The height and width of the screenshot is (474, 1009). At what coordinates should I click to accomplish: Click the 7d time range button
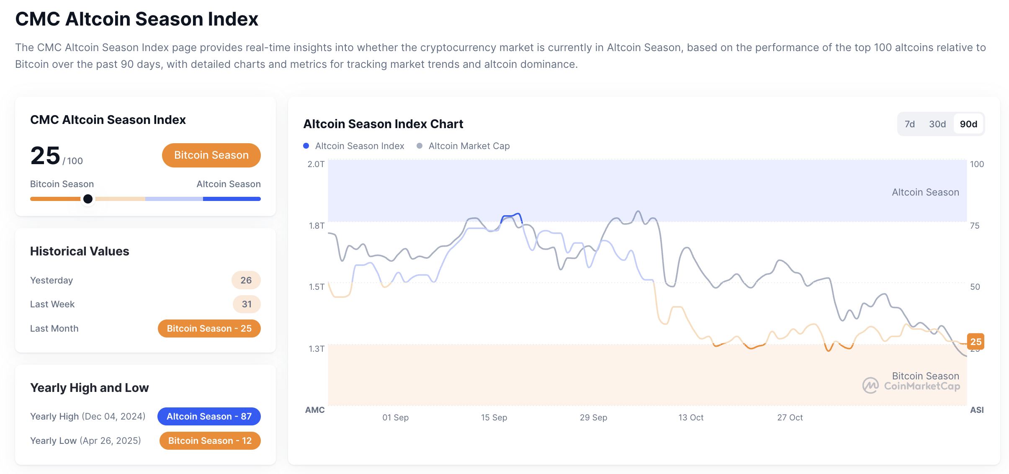click(909, 124)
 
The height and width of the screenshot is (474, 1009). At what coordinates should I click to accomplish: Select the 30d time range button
click(937, 124)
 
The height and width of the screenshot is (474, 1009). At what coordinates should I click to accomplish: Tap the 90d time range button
click(968, 124)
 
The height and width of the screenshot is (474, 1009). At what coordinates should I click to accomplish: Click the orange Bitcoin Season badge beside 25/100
click(211, 155)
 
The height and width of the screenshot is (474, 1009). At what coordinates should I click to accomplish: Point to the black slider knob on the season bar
click(88, 199)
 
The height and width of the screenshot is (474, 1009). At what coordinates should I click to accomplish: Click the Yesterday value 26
click(246, 280)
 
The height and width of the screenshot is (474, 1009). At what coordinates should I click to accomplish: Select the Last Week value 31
click(247, 304)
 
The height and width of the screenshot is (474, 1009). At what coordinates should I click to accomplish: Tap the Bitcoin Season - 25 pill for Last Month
click(209, 328)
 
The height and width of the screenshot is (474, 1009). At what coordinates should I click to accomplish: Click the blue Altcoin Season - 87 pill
click(209, 416)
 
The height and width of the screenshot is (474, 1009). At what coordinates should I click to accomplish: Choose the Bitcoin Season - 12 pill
click(210, 441)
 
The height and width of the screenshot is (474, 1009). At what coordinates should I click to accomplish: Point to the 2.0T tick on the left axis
click(316, 164)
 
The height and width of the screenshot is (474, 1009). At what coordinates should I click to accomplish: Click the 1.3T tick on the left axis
click(316, 348)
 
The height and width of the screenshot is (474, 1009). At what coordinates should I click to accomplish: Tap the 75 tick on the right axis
click(975, 226)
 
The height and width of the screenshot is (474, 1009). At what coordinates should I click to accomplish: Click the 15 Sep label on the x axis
click(494, 417)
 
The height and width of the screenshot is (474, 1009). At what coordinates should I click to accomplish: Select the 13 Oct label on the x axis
click(691, 417)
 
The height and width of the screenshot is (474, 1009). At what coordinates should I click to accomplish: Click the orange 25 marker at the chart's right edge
click(976, 342)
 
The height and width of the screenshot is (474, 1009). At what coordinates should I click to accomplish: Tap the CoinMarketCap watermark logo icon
click(870, 385)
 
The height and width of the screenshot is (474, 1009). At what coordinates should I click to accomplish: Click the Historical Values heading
click(80, 251)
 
